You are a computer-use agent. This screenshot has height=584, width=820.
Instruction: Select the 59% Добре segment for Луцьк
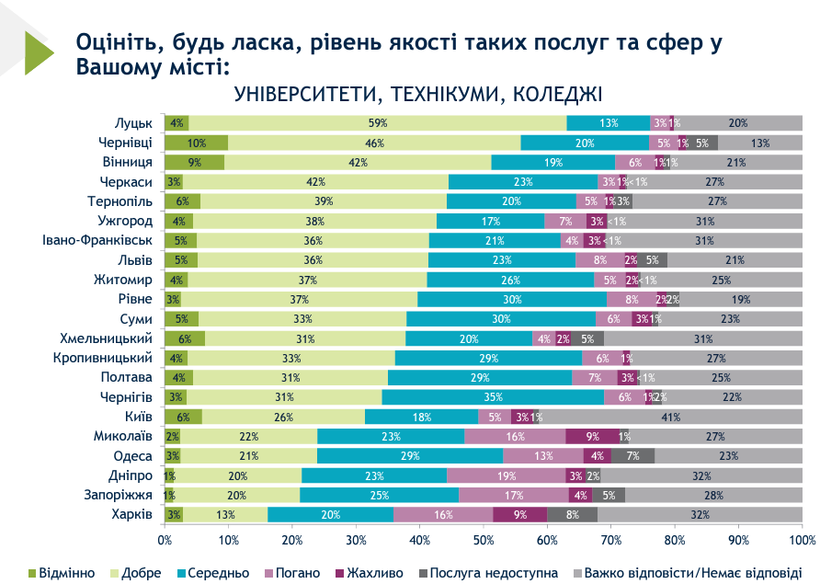377,122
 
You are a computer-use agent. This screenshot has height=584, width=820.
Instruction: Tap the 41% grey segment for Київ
671,417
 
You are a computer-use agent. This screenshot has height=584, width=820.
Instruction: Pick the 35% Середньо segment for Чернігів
493,397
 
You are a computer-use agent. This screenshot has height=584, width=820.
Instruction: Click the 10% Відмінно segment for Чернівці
196,143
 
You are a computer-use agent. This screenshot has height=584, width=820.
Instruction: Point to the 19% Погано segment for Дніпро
506,475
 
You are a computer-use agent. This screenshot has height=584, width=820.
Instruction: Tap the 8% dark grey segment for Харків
573,514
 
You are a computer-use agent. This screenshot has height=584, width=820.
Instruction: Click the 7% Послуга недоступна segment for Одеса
632,456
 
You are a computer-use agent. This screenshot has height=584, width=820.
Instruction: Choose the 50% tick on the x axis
484,539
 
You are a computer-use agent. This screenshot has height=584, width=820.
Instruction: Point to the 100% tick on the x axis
802,539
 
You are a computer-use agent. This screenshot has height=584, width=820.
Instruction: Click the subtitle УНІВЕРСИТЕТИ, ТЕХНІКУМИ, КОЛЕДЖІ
418,94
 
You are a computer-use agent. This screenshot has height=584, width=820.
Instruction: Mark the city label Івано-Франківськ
97,240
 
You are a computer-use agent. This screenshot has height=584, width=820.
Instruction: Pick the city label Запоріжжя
120,495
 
